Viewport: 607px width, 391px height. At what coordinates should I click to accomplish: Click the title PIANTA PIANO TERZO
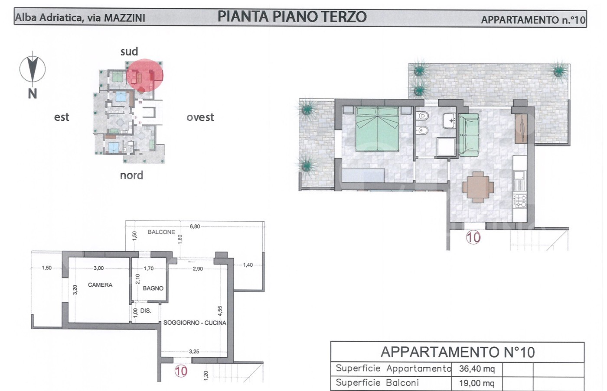pos(292,16)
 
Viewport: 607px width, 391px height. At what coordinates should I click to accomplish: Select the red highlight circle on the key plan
pos(145,75)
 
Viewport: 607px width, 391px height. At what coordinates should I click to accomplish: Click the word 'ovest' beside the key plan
pos(200,117)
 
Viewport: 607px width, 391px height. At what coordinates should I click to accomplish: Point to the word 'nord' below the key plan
pos(131,175)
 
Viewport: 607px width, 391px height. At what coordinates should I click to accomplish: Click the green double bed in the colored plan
pos(377,129)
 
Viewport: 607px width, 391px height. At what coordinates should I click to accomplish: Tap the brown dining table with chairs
pos(478,187)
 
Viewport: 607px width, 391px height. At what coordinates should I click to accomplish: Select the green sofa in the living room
pos(469,135)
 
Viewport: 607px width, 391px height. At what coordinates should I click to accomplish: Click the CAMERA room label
pos(100,284)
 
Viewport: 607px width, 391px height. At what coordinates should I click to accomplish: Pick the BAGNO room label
pos(153,288)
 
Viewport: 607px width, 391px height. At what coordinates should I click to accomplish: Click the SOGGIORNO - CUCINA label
pos(195,323)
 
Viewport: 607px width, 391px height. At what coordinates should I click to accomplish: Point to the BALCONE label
pos(161,232)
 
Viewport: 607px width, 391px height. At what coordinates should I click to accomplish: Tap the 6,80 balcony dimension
pos(195,226)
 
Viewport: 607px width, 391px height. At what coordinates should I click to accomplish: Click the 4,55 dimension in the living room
pos(220,311)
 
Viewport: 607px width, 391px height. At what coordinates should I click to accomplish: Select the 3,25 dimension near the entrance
pos(194,352)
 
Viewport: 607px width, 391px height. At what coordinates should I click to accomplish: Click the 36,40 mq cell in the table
pos(477,369)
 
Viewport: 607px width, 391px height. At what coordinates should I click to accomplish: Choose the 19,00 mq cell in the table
pos(477,383)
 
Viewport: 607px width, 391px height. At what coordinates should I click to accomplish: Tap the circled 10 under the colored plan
pos(473,237)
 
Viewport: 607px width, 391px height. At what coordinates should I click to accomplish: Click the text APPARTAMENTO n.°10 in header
pos(533,20)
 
